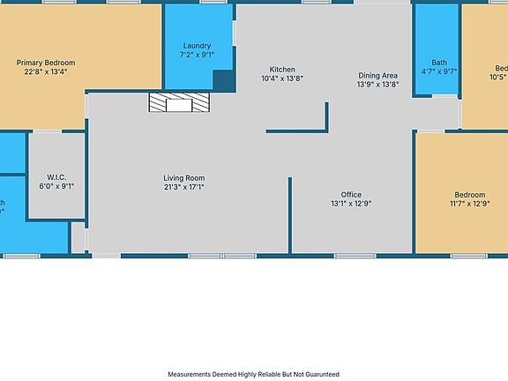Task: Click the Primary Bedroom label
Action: [46, 63]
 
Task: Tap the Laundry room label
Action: [197, 46]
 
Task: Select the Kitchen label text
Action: [282, 70]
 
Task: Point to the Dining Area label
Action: [378, 75]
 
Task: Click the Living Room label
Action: [183, 178]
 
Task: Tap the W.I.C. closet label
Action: [57, 176]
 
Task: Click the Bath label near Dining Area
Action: [439, 62]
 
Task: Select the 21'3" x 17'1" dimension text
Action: [183, 187]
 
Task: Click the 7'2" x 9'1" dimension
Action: [197, 55]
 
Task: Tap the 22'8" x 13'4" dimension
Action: [46, 71]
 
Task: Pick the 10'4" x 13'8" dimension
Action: [282, 78]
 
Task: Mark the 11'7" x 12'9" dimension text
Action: [470, 204]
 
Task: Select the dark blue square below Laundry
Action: [224, 81]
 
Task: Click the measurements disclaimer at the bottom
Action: [253, 374]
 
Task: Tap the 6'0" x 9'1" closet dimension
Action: [57, 185]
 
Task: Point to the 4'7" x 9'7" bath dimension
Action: [439, 71]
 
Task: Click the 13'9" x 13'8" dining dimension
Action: [378, 84]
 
